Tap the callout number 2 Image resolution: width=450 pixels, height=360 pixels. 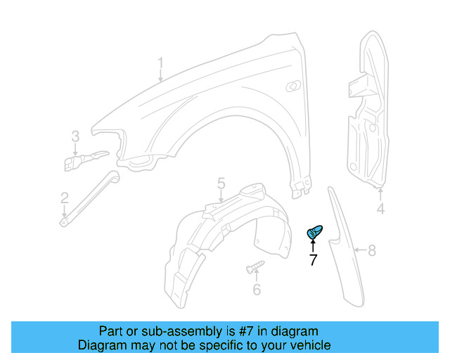click(x=64, y=198)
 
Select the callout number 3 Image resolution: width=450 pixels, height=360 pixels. click(x=75, y=136)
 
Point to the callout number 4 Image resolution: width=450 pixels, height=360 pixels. click(x=380, y=209)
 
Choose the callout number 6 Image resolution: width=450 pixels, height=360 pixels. click(x=256, y=289)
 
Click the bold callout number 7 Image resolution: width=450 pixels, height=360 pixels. click(x=313, y=260)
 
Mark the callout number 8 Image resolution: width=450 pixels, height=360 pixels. click(x=372, y=249)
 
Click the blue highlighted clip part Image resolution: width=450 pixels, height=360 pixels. click(x=314, y=231)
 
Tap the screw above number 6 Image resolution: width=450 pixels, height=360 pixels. click(x=255, y=267)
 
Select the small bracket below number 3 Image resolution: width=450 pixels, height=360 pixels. click(x=83, y=160)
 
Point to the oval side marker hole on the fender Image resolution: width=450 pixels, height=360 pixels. click(x=292, y=86)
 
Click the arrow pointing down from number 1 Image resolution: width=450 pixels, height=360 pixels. click(x=160, y=77)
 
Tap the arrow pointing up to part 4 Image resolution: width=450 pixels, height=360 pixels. click(x=380, y=195)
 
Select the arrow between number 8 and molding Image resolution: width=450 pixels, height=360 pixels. click(x=359, y=249)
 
